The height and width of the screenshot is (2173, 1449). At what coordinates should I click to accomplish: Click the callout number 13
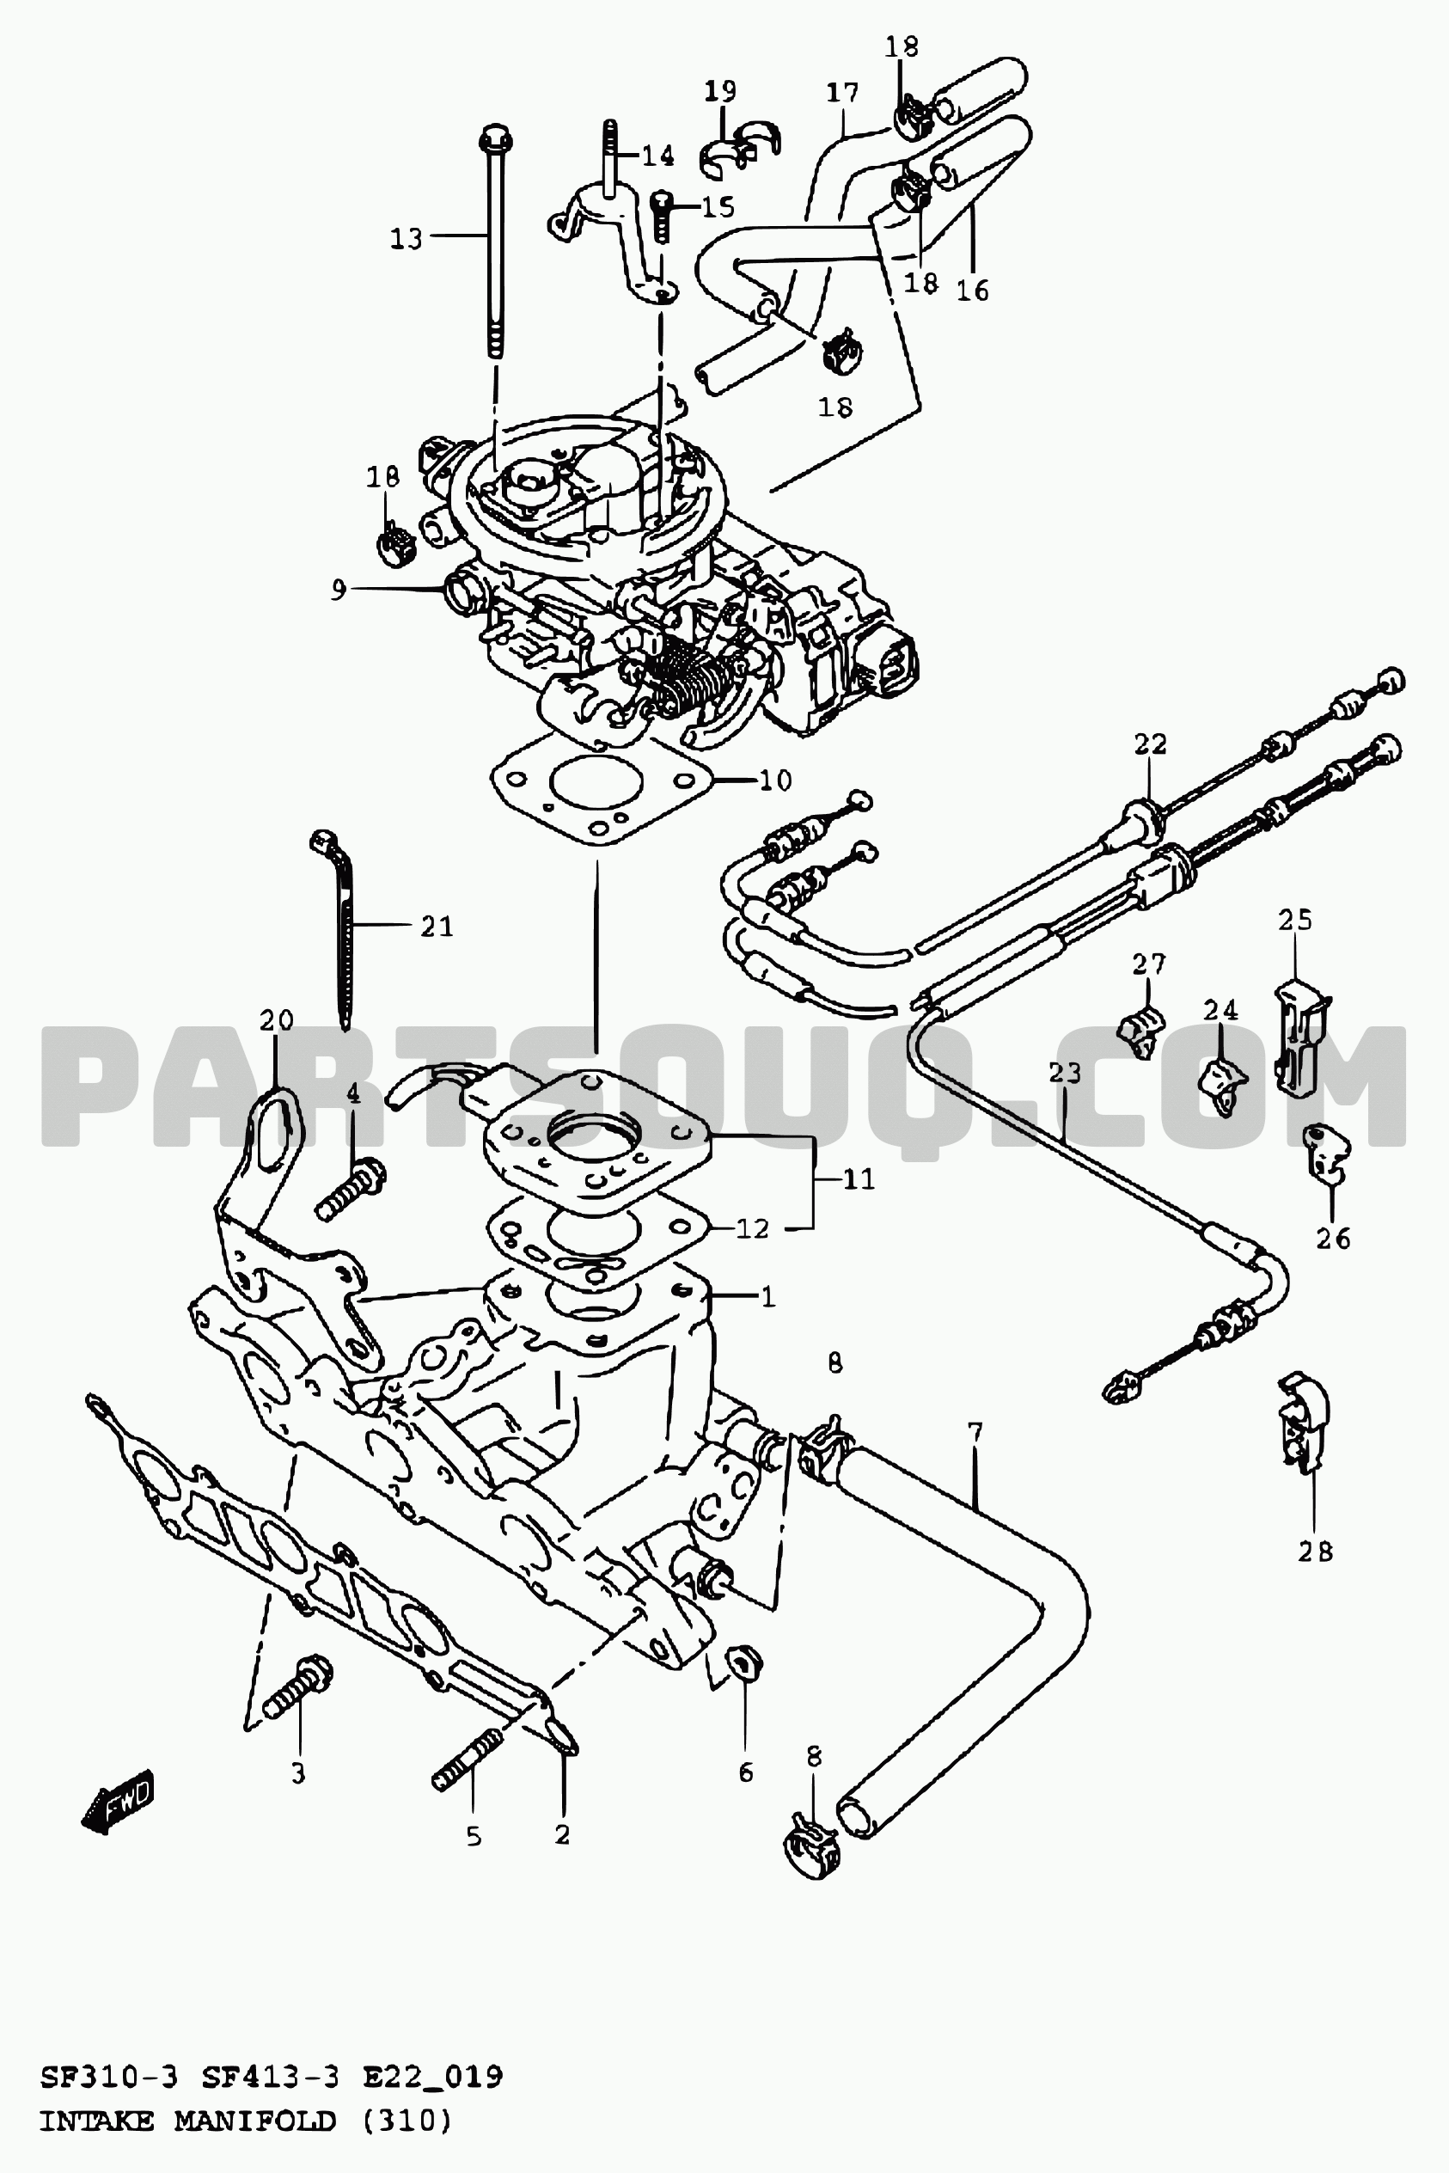coord(406,238)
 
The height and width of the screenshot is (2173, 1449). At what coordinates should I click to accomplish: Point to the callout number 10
coord(775,780)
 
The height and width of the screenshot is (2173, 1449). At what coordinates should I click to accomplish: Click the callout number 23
coord(1065,1073)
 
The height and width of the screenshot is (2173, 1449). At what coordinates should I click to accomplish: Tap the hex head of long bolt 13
coord(495,138)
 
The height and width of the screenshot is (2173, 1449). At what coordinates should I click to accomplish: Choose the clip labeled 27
coord(1141,1031)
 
